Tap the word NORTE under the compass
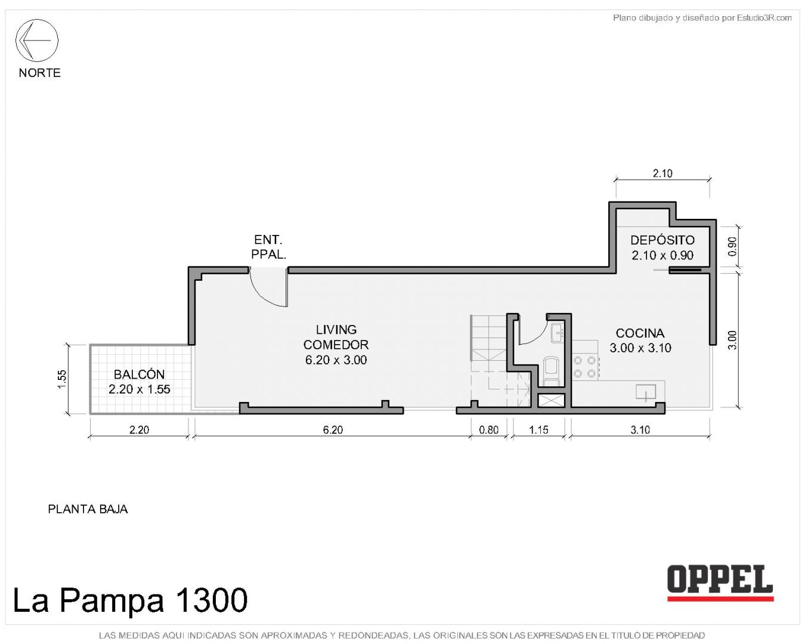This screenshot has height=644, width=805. point(39,73)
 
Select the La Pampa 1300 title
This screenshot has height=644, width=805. point(131,600)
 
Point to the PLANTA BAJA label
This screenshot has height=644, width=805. point(88,509)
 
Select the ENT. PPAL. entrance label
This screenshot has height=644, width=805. point(268,247)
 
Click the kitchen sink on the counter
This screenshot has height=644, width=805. point(646,392)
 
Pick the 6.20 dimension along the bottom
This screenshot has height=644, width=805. point(333,429)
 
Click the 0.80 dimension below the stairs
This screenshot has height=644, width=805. point(488,429)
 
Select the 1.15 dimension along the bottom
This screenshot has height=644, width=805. point(538,429)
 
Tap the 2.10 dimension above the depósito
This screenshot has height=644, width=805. point(662,174)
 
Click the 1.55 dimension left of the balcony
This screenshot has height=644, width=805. point(62,379)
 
